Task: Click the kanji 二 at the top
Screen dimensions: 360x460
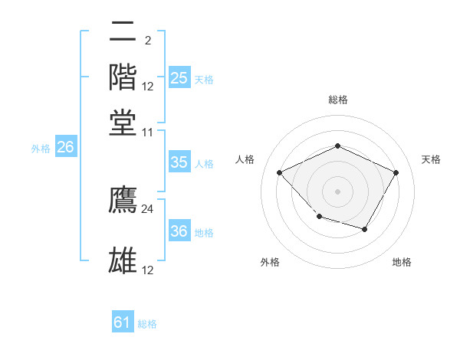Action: (x=123, y=32)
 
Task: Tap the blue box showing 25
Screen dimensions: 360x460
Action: (x=179, y=78)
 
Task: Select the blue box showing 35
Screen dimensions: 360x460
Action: (x=179, y=162)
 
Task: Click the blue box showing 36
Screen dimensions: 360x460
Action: (x=179, y=231)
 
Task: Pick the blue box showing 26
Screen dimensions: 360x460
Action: (x=65, y=148)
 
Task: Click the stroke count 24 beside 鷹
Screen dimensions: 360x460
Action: (x=148, y=208)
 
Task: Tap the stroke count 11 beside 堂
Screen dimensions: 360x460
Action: (x=148, y=133)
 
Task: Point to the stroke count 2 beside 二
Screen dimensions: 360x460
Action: (x=147, y=41)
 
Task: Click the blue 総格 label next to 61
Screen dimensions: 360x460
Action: (x=147, y=324)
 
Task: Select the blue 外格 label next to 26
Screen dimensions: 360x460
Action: (x=41, y=149)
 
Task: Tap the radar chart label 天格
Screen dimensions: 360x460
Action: (x=431, y=159)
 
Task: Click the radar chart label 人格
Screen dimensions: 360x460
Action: (x=245, y=159)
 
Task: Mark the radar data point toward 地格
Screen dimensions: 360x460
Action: (x=365, y=229)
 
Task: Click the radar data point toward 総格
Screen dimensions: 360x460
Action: (x=337, y=146)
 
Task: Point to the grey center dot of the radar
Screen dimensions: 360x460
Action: (x=337, y=191)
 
